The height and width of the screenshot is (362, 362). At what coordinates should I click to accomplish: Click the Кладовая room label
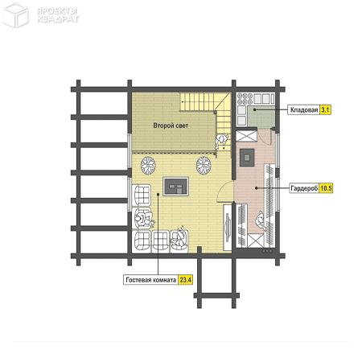(304, 109)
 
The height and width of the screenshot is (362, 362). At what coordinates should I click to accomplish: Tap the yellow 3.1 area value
(325, 109)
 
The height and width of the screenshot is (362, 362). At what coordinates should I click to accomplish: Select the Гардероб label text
(304, 188)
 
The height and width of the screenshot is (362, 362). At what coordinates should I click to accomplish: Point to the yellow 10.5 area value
(326, 188)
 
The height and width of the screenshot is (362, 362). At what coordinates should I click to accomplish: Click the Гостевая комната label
(151, 280)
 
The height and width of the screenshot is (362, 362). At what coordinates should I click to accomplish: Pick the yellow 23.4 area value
(185, 280)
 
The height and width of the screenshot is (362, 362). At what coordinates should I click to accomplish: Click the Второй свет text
(171, 125)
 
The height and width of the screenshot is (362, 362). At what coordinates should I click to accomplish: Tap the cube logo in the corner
(15, 14)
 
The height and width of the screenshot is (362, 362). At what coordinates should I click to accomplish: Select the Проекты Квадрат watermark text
(58, 15)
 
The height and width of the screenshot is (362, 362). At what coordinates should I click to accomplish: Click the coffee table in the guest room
(176, 187)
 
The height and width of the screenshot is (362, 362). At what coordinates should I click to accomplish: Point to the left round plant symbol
(148, 165)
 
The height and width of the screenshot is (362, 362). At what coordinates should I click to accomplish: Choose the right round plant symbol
(204, 165)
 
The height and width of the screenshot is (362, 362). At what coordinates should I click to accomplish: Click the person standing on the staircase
(221, 142)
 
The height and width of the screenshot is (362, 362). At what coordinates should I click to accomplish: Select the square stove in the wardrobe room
(247, 157)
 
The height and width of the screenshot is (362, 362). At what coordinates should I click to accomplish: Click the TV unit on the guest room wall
(228, 228)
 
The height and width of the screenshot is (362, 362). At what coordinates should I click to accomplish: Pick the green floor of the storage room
(261, 117)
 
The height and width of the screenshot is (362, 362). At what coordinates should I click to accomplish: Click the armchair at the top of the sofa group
(142, 195)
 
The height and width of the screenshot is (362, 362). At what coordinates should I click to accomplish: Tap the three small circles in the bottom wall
(267, 251)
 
